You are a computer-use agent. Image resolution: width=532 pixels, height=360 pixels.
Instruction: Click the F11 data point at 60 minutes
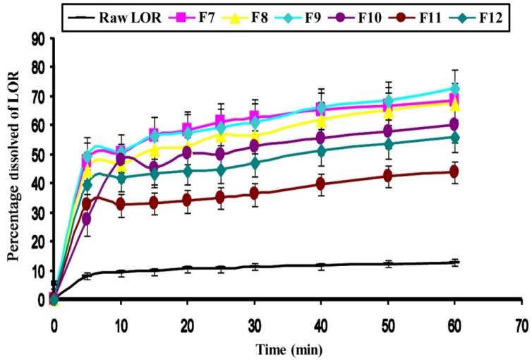[x=455, y=172]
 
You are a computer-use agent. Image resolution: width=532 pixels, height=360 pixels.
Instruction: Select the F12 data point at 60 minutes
[x=455, y=137]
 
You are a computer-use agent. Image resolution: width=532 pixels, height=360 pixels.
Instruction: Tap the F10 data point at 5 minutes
[x=87, y=219]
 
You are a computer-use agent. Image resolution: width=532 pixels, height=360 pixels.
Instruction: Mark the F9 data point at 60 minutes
[x=455, y=89]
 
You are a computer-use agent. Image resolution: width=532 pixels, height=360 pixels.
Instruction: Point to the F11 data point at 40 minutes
[x=321, y=184]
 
